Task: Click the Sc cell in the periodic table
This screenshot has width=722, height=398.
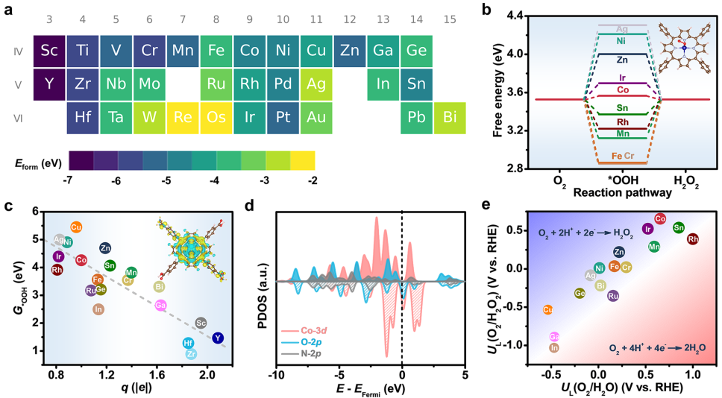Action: coord(49,51)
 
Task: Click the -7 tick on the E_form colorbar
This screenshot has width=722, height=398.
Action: coord(69,180)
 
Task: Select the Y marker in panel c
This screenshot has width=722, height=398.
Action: coord(218,338)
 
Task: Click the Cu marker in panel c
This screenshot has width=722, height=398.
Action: coord(76,227)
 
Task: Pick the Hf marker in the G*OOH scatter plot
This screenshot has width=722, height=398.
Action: coord(189,343)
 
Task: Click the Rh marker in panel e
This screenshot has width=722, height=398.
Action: coord(693,239)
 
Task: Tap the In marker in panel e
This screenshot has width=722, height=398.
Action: coord(554,347)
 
